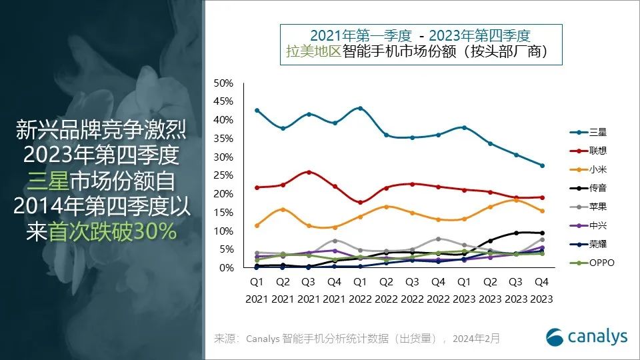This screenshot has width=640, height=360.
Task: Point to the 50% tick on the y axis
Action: pos(223,83)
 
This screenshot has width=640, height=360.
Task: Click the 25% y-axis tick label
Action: pos(223,175)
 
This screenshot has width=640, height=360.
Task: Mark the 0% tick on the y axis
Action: pos(226,268)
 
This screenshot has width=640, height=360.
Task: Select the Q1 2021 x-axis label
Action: pos(257,290)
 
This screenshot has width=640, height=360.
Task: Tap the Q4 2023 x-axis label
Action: pos(541,290)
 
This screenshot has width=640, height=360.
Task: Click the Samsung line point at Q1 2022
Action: pos(361,108)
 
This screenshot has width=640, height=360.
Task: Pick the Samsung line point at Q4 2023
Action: pos(542,165)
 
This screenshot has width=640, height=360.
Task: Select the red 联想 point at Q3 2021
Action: pos(309,172)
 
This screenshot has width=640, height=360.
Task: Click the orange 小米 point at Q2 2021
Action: pos(283,209)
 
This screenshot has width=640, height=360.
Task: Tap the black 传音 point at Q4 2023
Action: pos(542,233)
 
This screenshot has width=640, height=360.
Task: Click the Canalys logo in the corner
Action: pos(586,337)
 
